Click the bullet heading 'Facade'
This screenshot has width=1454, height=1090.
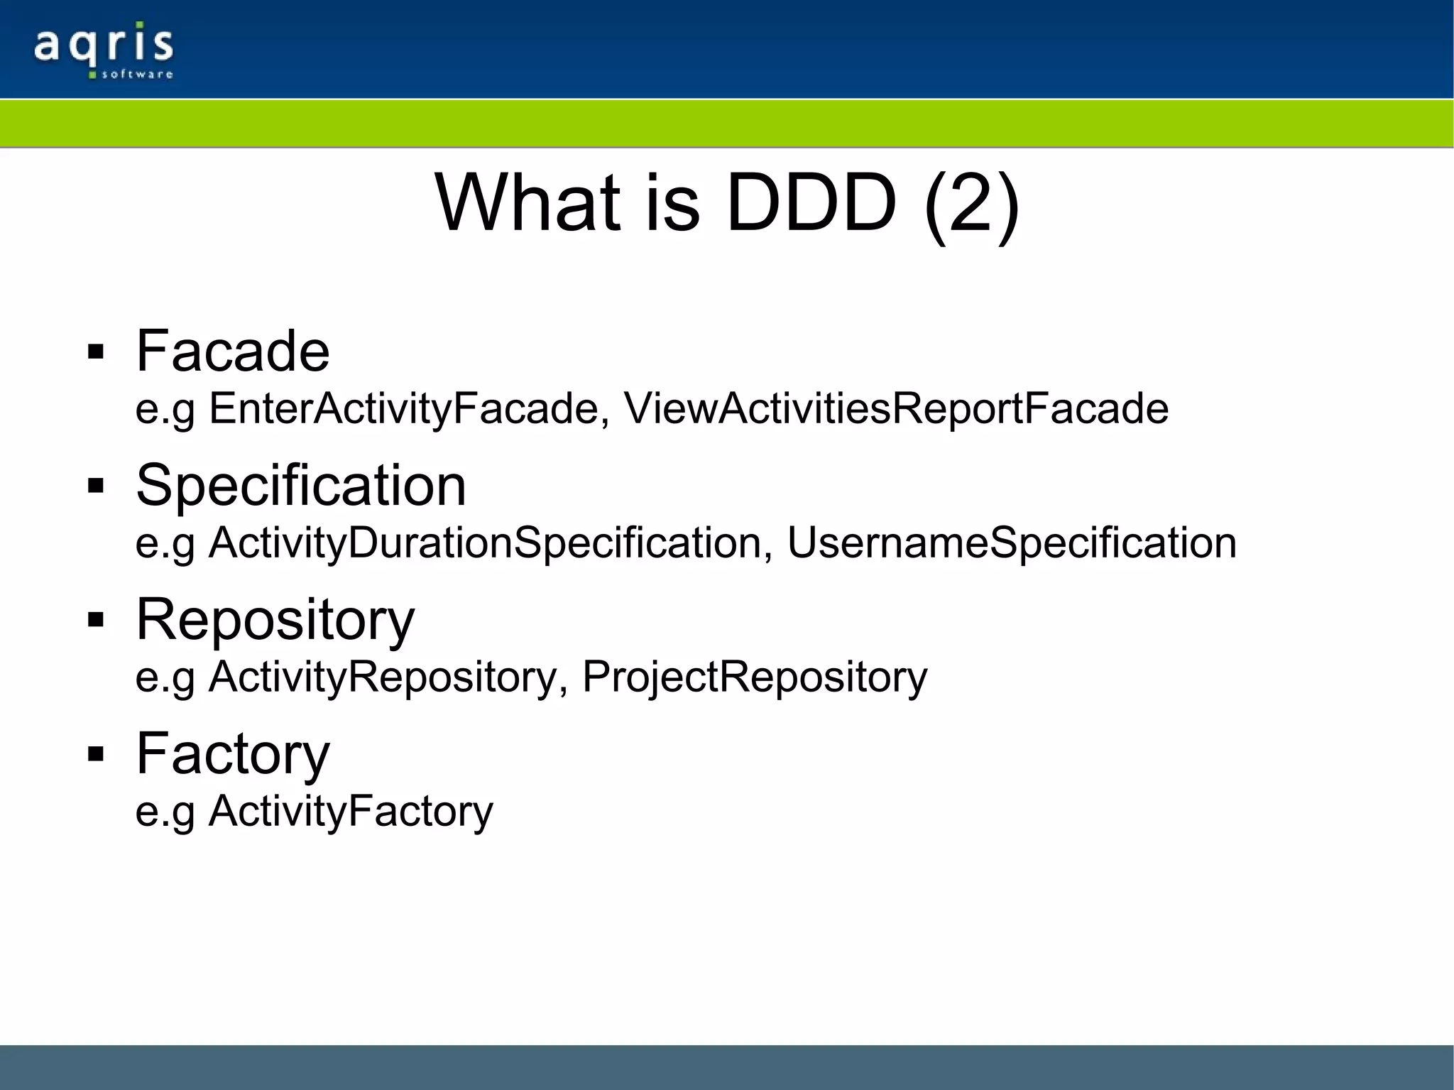pos(233,351)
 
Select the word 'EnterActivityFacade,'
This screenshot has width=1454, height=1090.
pos(409,409)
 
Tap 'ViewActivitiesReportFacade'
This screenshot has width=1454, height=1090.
pos(896,409)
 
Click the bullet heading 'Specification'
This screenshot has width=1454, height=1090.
pos(301,485)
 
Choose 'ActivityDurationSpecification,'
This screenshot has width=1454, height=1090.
pos(491,543)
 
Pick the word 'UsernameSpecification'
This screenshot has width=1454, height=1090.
pos(1012,543)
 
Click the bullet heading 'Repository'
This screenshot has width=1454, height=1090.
pos(275,619)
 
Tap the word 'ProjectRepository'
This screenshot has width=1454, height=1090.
pos(755,677)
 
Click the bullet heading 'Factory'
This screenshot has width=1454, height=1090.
pos(233,753)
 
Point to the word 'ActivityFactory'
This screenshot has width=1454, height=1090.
pos(351,811)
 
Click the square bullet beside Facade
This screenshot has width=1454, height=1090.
pos(96,352)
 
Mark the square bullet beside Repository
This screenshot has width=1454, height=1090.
pos(96,621)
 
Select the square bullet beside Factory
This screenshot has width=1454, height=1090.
pos(96,755)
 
